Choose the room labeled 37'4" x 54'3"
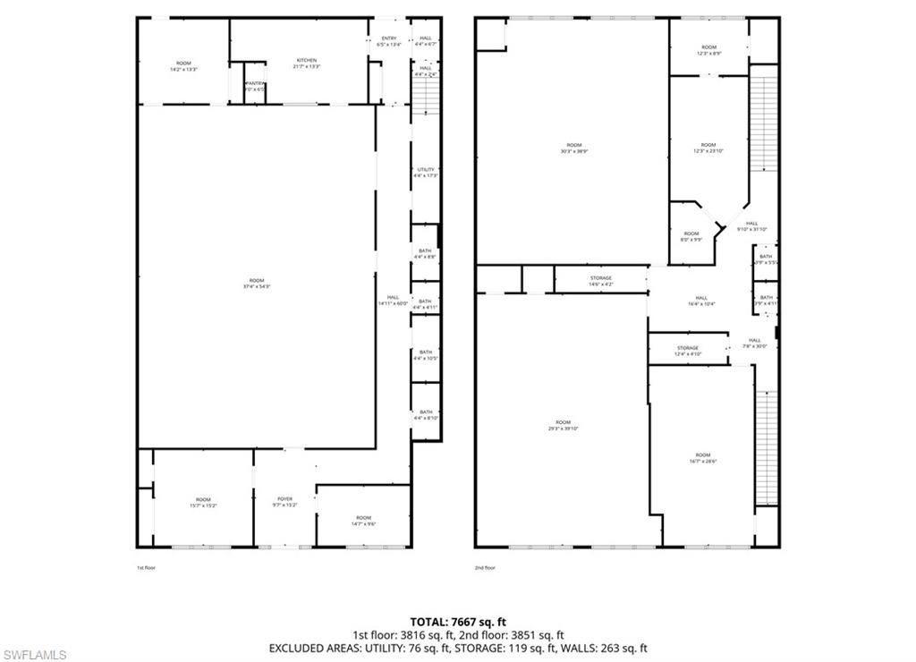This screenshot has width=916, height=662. click(x=256, y=284)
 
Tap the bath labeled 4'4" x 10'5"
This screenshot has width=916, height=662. click(x=426, y=355)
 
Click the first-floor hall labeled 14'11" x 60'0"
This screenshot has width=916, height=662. click(x=393, y=301)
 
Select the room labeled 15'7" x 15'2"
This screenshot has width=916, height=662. click(x=203, y=503)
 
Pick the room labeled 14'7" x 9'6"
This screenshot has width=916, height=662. click(x=363, y=521)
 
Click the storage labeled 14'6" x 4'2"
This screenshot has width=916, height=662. click(x=601, y=281)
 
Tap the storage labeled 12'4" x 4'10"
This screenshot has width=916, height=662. click(x=687, y=351)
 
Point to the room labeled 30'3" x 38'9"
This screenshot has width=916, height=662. click(x=573, y=149)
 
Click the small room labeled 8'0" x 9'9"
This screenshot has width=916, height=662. click(x=691, y=236)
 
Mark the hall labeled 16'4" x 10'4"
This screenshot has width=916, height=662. click(x=701, y=301)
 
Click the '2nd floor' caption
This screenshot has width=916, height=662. click(x=485, y=567)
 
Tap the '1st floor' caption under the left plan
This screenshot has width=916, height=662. click(x=146, y=567)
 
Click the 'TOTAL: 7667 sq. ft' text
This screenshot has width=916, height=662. click(x=458, y=621)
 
